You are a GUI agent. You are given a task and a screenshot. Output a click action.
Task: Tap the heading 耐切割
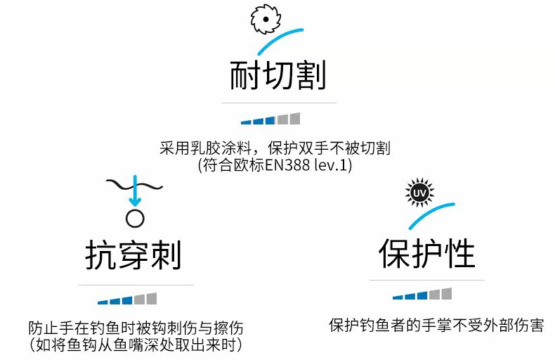pyautogui.click(x=278, y=75)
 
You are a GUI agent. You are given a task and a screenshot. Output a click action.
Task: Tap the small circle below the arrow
pyautogui.click(x=134, y=218)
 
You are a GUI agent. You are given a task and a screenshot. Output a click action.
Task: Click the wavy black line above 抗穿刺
pyautogui.click(x=133, y=184)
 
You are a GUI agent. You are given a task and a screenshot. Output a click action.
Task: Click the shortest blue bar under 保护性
pyautogui.click(x=398, y=297)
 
